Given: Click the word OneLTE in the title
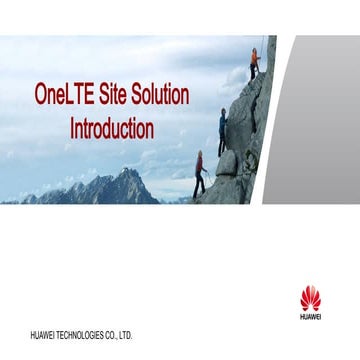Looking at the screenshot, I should (x=64, y=96).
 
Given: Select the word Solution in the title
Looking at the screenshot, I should (x=161, y=96).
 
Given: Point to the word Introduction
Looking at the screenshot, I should (x=112, y=128).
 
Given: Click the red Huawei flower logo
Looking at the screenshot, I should (x=311, y=297).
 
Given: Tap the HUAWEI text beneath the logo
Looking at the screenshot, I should (x=311, y=316).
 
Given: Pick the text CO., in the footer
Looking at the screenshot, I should (x=117, y=333).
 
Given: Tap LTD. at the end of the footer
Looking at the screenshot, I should (x=130, y=333).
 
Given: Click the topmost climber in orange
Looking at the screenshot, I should (x=254, y=64).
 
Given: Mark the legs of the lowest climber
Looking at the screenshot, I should (x=199, y=186).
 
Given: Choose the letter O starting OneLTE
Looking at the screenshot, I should (x=41, y=96).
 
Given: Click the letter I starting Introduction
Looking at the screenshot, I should (x=73, y=128).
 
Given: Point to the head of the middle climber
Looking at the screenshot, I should (x=222, y=112).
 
